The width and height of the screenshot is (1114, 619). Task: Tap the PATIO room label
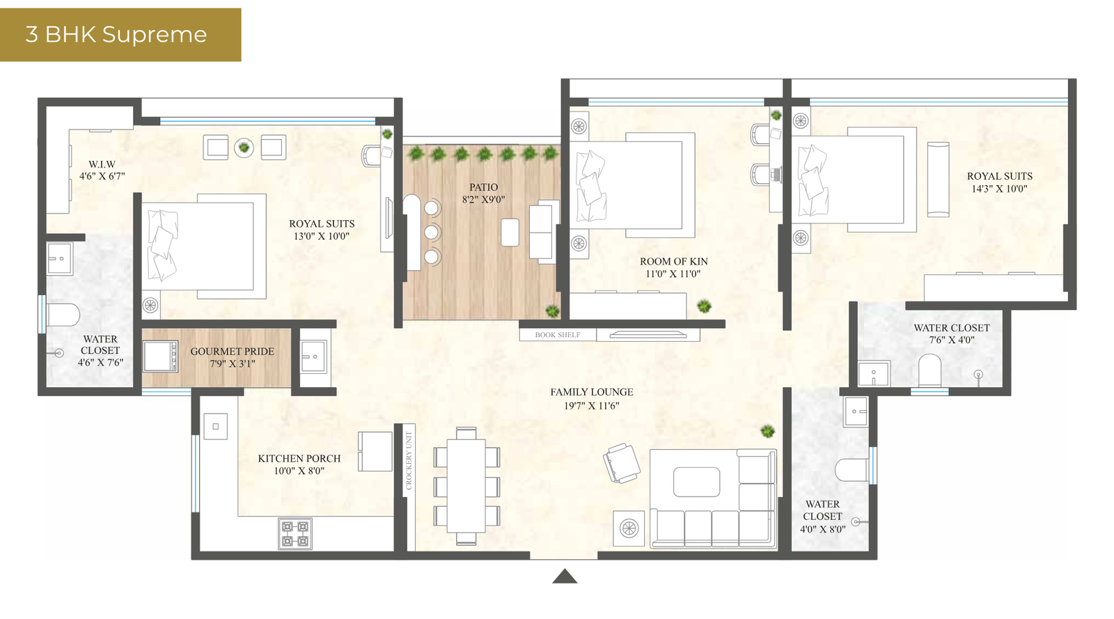[x=483, y=187]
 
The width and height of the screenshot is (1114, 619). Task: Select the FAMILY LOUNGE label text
[x=591, y=392]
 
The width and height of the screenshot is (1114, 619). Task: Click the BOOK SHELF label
[x=557, y=335]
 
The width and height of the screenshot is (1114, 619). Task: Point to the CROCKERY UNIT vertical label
[x=409, y=460]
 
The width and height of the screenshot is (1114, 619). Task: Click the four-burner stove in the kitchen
[x=295, y=534]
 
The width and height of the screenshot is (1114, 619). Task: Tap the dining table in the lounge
[x=466, y=485]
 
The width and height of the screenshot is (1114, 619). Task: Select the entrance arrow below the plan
[x=565, y=577]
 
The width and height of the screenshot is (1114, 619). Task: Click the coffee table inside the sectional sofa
[x=696, y=482]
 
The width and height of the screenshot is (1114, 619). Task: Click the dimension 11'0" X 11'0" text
[x=673, y=274]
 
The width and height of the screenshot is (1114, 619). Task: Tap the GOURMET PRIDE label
[x=232, y=352]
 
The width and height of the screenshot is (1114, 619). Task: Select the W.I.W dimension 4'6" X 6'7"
[x=102, y=176]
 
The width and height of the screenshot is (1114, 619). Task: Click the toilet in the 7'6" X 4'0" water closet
[x=929, y=370]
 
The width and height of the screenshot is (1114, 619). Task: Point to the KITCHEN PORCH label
[x=299, y=459]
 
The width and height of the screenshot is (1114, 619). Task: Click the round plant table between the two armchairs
[x=244, y=147]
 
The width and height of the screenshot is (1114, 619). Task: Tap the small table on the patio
[x=510, y=233]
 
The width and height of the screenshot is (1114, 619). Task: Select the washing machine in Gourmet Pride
[x=161, y=356]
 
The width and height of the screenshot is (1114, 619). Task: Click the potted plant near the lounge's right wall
[x=767, y=432]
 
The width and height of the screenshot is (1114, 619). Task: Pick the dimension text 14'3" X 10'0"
[x=999, y=189]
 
